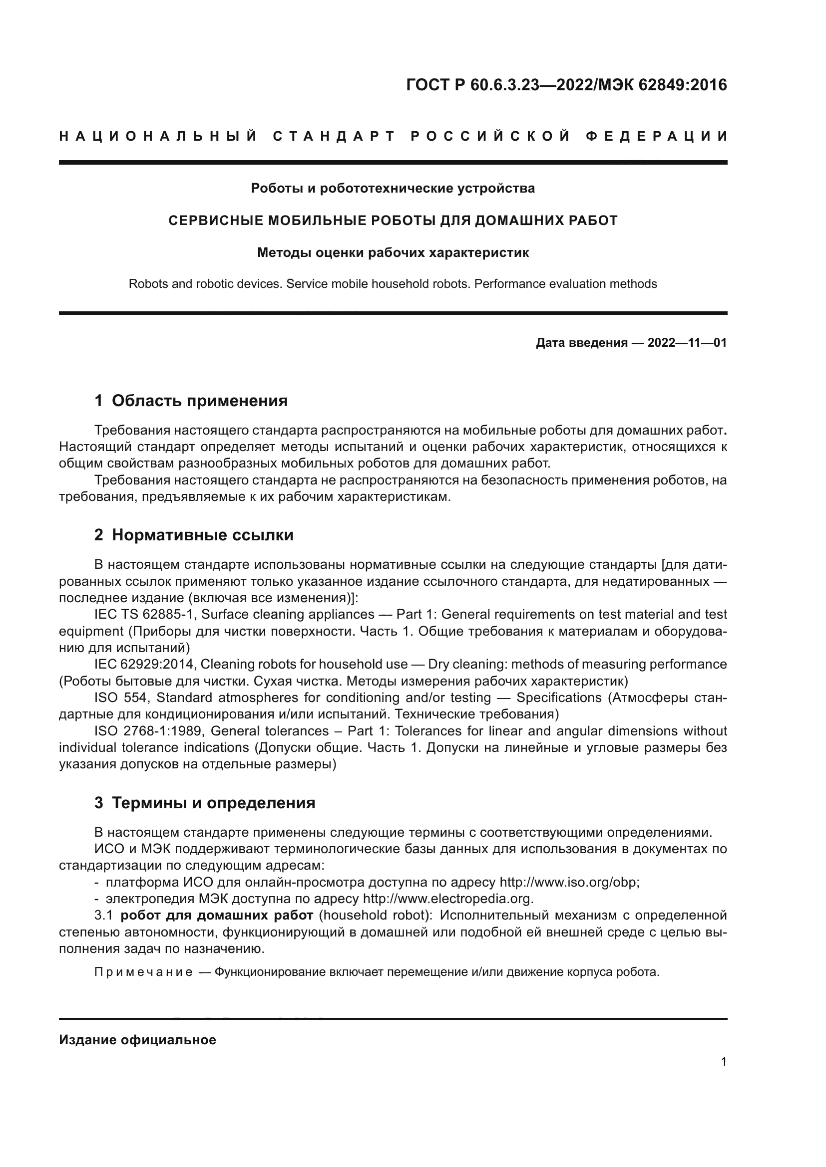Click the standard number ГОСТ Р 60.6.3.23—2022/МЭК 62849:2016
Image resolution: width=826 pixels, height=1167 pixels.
567,85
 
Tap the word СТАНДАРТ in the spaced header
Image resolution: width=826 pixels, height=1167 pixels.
334,136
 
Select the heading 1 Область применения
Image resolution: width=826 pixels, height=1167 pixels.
191,401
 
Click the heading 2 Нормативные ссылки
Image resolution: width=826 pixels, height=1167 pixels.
194,535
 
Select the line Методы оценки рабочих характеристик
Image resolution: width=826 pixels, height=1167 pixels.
393,252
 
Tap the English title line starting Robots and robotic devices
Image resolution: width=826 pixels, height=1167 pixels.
393,283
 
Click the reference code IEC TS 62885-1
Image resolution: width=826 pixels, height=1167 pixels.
144,615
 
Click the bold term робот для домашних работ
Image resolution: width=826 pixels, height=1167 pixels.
217,916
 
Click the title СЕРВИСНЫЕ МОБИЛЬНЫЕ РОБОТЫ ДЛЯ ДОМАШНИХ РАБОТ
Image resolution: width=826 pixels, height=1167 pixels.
393,221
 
